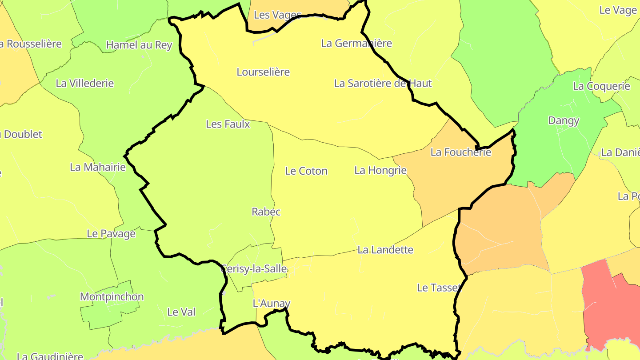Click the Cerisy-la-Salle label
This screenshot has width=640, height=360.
pyautogui.click(x=254, y=269)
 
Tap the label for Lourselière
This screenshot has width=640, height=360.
pyautogui.click(x=263, y=72)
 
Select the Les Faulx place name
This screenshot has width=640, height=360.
pyautogui.click(x=228, y=124)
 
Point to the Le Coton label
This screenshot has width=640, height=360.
pyautogui.click(x=306, y=171)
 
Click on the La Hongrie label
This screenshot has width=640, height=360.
pyautogui.click(x=380, y=170)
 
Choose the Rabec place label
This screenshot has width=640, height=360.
pyautogui.click(x=266, y=212)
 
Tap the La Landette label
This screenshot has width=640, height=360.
pyautogui.click(x=385, y=250)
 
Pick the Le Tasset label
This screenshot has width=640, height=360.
pyautogui.click(x=439, y=288)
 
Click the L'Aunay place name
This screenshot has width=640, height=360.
pyautogui.click(x=271, y=304)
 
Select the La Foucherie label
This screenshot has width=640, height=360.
pyautogui.click(x=461, y=152)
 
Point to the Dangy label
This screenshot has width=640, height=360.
pyautogui.click(x=564, y=120)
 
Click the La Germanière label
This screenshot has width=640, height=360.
pyautogui.click(x=356, y=44)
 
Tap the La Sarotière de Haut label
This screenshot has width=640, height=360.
pyautogui.click(x=383, y=84)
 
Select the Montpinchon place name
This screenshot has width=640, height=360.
pyautogui.click(x=112, y=297)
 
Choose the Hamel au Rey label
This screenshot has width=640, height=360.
pyautogui.click(x=139, y=45)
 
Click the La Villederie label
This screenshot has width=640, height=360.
pyautogui.click(x=85, y=84)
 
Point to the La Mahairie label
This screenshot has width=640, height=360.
pyautogui.click(x=98, y=168)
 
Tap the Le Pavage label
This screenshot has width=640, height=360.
pyautogui.click(x=111, y=234)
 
